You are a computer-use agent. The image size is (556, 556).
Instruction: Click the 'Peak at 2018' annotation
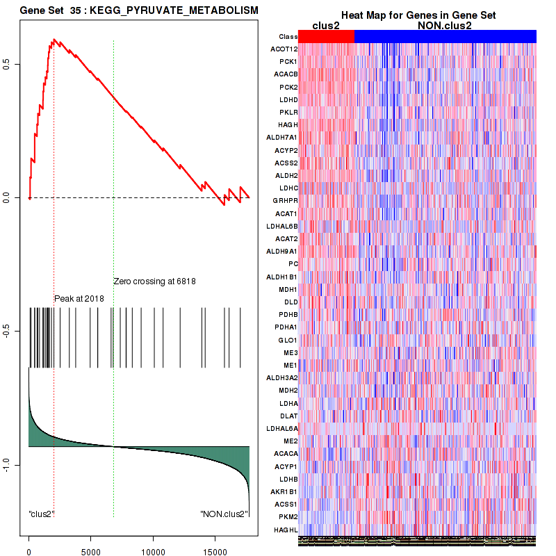pyautogui.click(x=79, y=298)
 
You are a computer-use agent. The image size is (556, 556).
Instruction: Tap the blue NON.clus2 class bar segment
pyautogui.click(x=445, y=36)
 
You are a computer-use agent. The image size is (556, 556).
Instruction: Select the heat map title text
pyautogui.click(x=418, y=15)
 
